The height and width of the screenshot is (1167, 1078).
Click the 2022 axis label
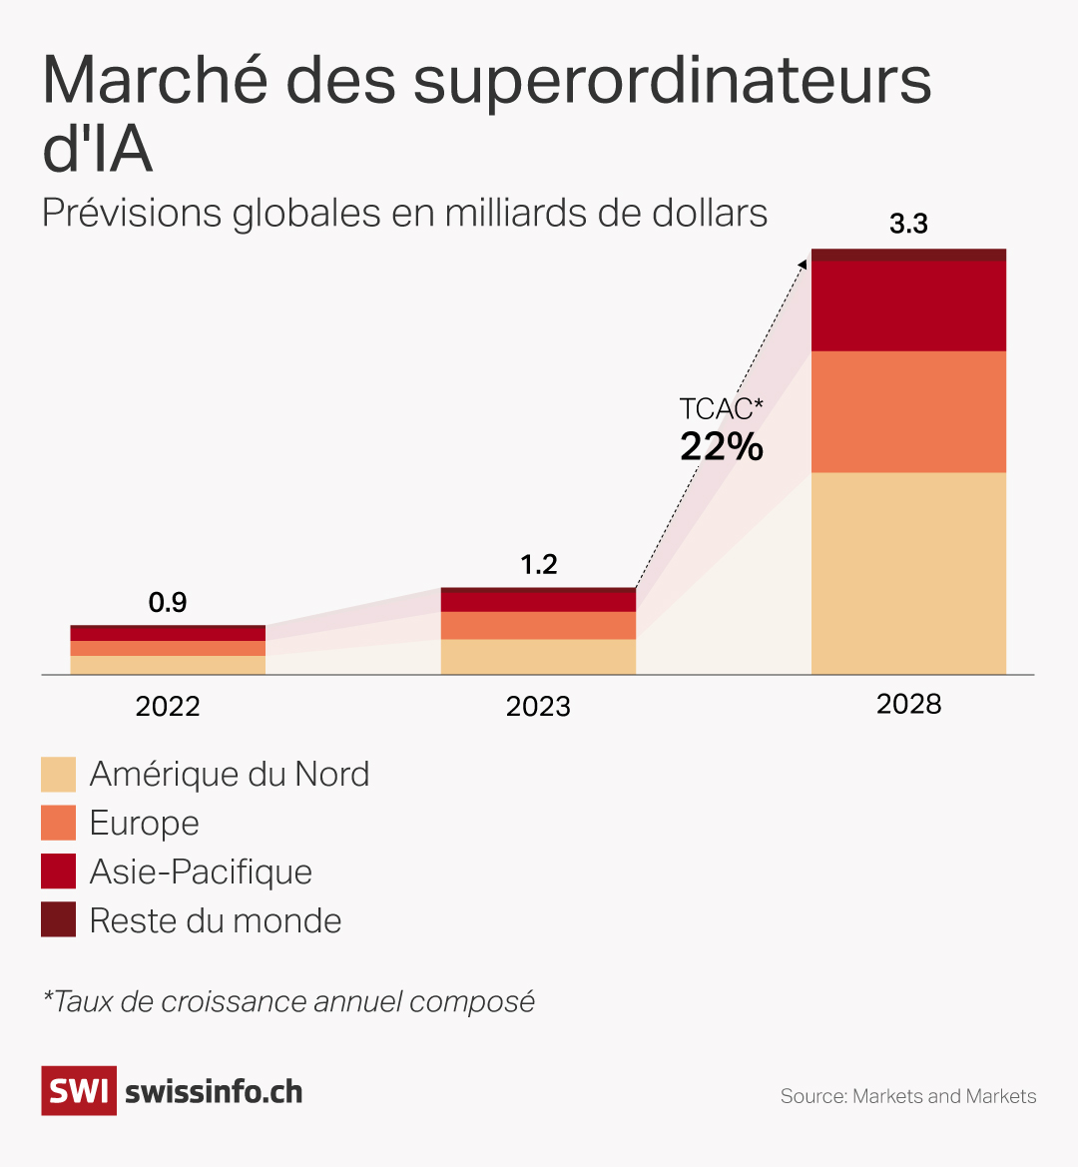point(168,707)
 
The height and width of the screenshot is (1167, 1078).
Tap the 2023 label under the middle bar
point(538,707)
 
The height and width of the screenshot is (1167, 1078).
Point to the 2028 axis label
point(908,705)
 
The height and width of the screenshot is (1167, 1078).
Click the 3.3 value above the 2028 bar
point(908,225)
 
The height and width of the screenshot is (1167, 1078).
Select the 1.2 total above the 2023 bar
point(538,565)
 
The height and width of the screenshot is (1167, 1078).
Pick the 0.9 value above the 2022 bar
point(168,603)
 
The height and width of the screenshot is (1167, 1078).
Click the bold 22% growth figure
point(722,446)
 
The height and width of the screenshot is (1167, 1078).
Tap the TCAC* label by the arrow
point(721,409)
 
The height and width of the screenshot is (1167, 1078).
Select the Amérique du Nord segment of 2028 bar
point(908,573)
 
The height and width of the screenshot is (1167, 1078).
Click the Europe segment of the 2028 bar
point(908,411)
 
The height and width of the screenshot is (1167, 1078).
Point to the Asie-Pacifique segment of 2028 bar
point(908,305)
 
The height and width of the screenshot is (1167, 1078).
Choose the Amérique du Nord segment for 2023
point(538,657)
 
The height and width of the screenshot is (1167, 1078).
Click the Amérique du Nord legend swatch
point(58,775)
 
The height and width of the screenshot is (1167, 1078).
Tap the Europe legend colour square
point(58,824)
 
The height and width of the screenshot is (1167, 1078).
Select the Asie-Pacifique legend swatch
point(58,872)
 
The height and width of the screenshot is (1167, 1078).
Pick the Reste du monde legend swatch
point(58,920)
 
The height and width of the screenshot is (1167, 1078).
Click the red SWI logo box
point(79,1091)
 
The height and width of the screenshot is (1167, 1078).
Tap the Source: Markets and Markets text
point(908,1097)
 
